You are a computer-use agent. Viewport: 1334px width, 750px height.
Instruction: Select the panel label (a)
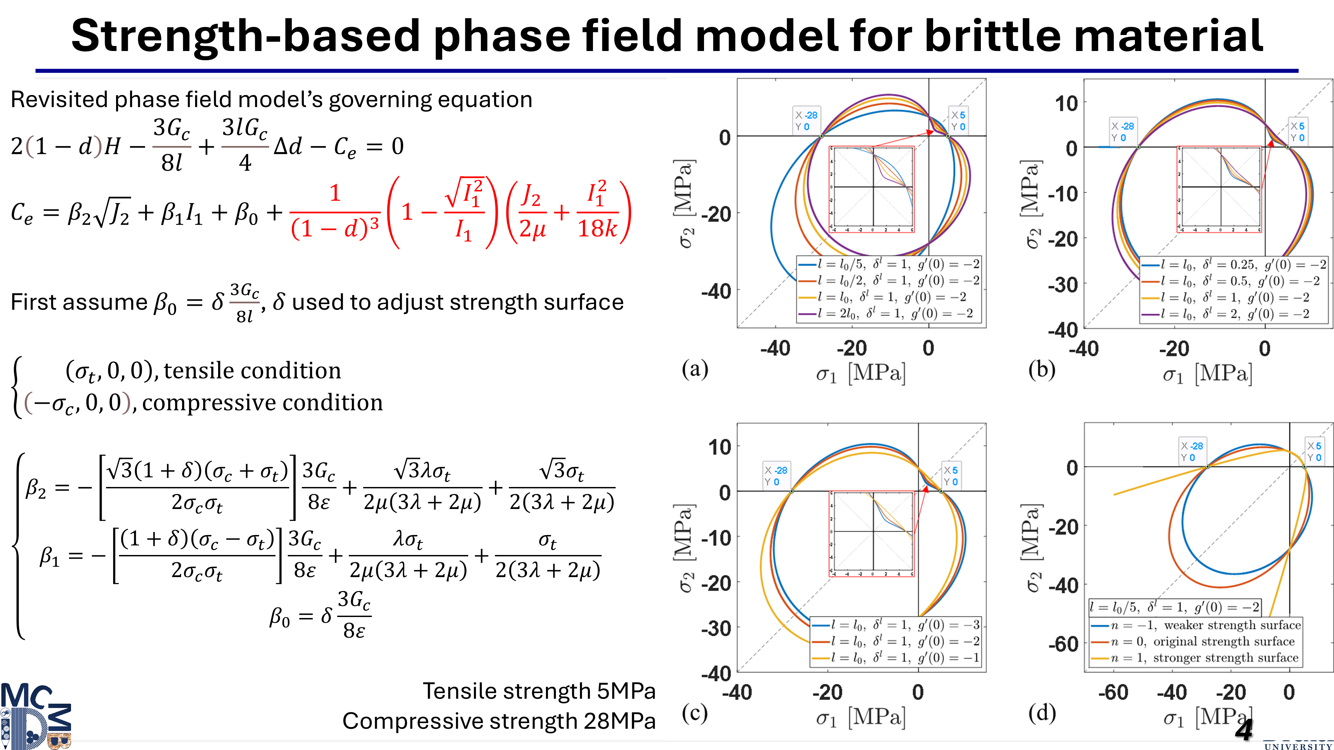(694, 369)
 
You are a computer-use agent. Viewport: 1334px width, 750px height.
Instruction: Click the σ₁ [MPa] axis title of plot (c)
(860, 717)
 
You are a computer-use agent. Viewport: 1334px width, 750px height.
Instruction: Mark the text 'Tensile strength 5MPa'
(539, 691)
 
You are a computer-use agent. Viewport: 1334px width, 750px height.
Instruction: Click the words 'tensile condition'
(252, 371)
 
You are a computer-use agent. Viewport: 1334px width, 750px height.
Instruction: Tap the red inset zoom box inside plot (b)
(1219, 189)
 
